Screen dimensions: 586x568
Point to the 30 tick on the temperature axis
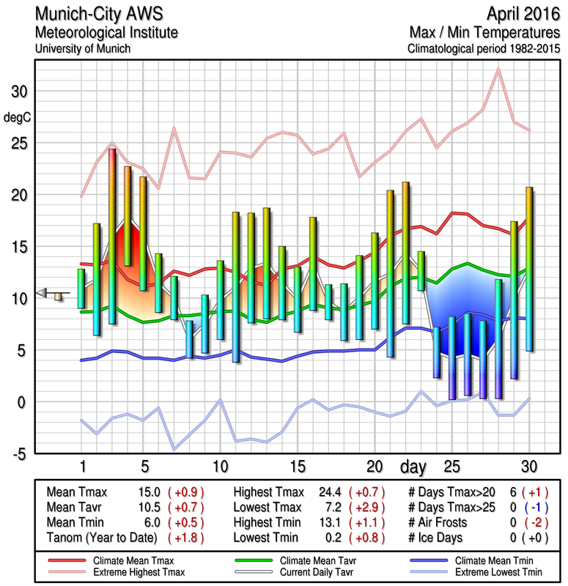point(17,92)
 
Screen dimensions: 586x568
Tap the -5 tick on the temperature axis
point(17,453)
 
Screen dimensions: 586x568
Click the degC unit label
point(17,117)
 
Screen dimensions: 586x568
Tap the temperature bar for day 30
point(529,269)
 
